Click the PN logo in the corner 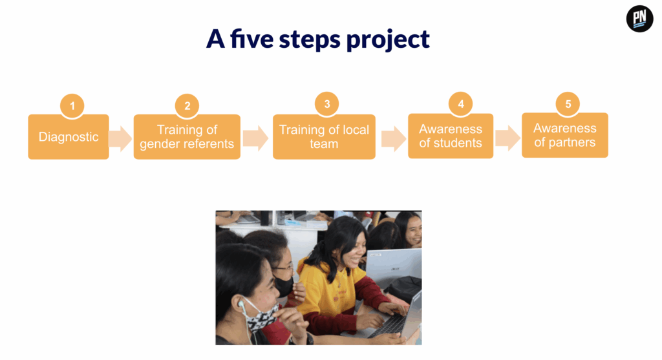click(639, 19)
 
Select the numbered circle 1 click(72, 105)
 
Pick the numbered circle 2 click(187, 105)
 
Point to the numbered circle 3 click(326, 104)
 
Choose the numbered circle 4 click(460, 104)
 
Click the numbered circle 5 click(568, 104)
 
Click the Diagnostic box click(69, 137)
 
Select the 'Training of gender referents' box click(187, 137)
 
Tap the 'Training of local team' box click(324, 137)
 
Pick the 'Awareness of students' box click(451, 136)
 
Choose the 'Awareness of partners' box click(565, 135)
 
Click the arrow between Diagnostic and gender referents click(120, 138)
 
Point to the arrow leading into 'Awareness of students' click(394, 138)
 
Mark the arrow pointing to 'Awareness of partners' click(507, 138)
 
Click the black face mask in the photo click(284, 286)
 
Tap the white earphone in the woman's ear click(240, 304)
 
